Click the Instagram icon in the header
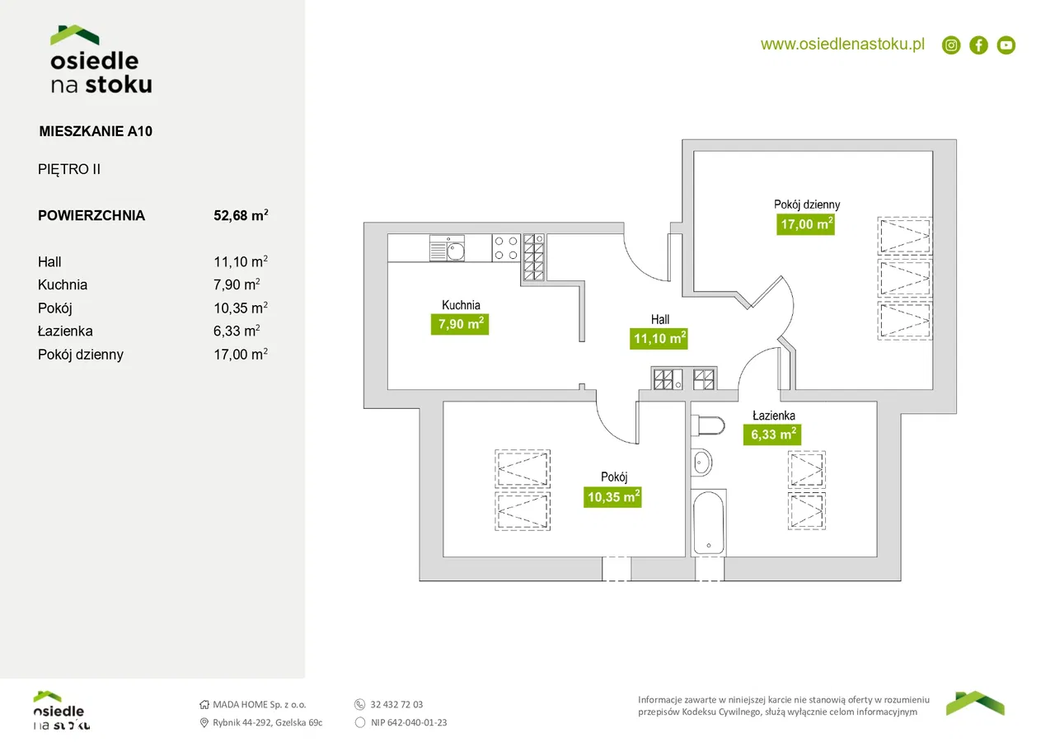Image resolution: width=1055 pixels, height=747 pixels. click(951, 45)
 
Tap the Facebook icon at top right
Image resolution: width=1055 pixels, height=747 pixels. click(978, 45)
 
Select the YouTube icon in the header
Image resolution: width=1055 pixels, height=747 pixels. click(1006, 45)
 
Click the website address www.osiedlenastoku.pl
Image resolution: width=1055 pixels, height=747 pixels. click(842, 45)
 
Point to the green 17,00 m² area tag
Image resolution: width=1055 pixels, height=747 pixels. click(806, 223)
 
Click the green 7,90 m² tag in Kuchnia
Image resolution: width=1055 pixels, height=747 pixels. click(459, 324)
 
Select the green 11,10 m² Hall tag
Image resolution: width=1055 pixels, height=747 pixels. click(659, 338)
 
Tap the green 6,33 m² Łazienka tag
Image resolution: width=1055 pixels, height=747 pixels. click(772, 435)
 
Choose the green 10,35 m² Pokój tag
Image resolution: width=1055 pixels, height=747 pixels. click(613, 496)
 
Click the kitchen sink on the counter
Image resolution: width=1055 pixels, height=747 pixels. click(448, 248)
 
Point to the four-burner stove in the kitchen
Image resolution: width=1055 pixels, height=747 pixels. click(504, 248)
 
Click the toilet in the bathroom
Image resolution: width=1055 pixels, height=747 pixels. click(706, 425)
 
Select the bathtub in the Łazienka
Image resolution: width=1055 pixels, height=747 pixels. click(709, 523)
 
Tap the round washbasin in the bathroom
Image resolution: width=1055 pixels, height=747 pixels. click(701, 463)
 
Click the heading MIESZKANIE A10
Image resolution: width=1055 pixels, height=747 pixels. click(96, 130)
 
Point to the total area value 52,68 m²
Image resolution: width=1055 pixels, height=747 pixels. click(241, 216)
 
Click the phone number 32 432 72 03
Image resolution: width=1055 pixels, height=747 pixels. click(396, 705)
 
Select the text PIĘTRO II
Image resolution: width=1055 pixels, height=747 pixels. click(69, 170)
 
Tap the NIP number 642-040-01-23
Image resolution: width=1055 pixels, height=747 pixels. click(409, 722)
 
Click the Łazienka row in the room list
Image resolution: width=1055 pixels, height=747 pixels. click(65, 331)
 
